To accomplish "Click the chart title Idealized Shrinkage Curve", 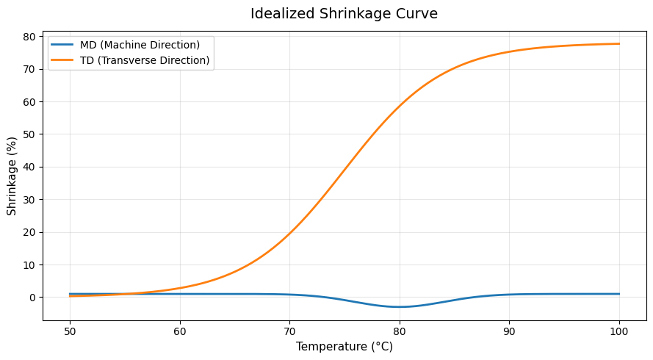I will click(x=344, y=14).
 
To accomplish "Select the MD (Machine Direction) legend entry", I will click(x=140, y=45).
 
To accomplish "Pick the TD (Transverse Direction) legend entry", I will click(x=145, y=60).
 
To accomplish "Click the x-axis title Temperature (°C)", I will click(x=344, y=347).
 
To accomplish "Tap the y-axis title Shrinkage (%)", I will click(x=12, y=176).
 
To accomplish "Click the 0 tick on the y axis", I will click(x=33, y=298).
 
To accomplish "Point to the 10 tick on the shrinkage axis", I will click(x=30, y=264).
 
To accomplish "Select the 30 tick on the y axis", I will click(x=30, y=199).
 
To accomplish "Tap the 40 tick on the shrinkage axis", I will click(x=30, y=167).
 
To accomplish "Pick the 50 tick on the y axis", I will click(x=30, y=134).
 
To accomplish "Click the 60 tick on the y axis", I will click(x=30, y=101).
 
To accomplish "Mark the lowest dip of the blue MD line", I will click(x=400, y=307).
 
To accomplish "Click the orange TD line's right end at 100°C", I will click(x=619, y=44).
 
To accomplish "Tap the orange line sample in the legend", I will click(x=63, y=60).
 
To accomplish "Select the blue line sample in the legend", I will click(x=63, y=45).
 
